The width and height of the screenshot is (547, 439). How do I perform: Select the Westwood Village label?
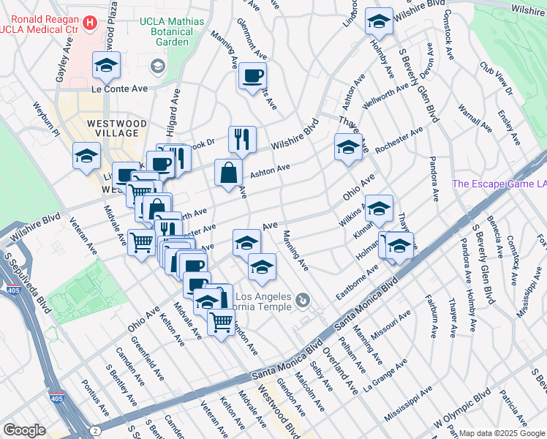pyautogui.click(x=116, y=128)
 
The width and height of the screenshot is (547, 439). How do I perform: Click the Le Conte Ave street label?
pyautogui.click(x=120, y=89)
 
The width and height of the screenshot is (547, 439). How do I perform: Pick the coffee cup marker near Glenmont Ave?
pyautogui.click(x=252, y=76)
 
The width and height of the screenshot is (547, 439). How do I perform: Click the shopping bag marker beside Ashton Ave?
pyautogui.click(x=228, y=173)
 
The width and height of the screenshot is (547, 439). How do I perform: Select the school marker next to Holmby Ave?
pyautogui.click(x=379, y=22)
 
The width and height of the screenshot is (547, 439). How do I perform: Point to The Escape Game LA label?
pyautogui.click(x=499, y=184)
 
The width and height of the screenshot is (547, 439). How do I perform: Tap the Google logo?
pyautogui.click(x=24, y=430)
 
